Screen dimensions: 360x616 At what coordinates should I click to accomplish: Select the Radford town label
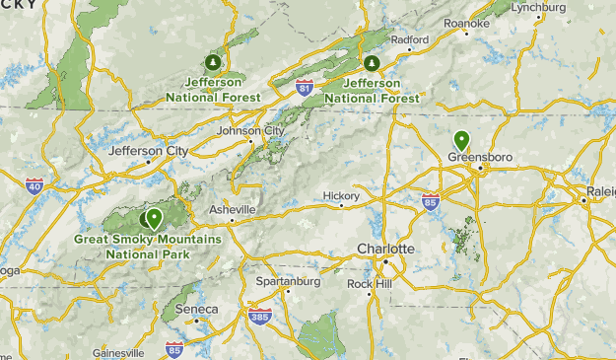point(410,40)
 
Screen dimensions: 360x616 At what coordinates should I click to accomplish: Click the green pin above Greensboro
point(460,140)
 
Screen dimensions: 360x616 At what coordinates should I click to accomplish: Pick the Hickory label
point(341,195)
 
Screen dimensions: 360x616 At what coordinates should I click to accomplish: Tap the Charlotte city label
point(385,248)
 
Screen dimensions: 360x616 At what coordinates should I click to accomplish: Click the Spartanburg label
point(288,281)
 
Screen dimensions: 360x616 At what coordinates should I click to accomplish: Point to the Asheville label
point(233,210)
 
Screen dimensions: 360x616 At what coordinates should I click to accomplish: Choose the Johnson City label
point(250,130)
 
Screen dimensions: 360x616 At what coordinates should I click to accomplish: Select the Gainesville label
point(118,352)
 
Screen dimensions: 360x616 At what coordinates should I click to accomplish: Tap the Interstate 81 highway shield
point(305,89)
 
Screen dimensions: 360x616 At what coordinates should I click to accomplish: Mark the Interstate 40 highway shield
point(34,185)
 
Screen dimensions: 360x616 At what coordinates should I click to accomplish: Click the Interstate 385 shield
point(260,317)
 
